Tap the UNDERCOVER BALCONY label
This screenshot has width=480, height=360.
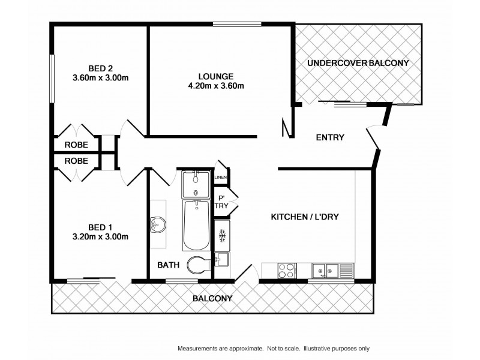click(358, 63)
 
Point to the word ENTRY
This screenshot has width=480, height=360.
click(330, 137)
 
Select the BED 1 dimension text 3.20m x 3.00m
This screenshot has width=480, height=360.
click(100, 236)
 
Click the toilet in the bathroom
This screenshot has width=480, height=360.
click(197, 265)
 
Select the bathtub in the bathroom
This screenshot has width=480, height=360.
click(196, 226)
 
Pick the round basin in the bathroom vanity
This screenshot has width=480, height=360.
click(157, 225)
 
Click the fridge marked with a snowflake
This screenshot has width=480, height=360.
click(221, 233)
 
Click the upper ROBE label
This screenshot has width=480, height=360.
click(76, 145)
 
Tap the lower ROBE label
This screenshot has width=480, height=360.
click(76, 161)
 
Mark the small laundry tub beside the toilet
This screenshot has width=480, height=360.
click(221, 260)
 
